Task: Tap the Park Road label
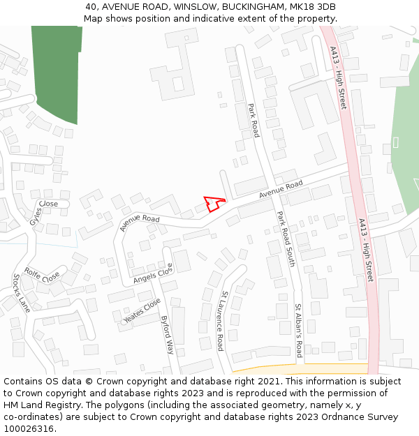pyautogui.click(x=253, y=121)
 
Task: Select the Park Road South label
pyautogui.click(x=286, y=239)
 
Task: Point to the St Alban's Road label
pyautogui.click(x=298, y=329)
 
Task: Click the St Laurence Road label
pyautogui.click(x=221, y=320)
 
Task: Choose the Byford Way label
pyautogui.click(x=167, y=335)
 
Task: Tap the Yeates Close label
pyautogui.click(x=142, y=310)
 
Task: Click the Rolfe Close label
pyautogui.click(x=42, y=276)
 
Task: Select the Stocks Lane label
pyautogui.click(x=21, y=292)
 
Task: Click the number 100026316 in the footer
pyautogui.click(x=29, y=429)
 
